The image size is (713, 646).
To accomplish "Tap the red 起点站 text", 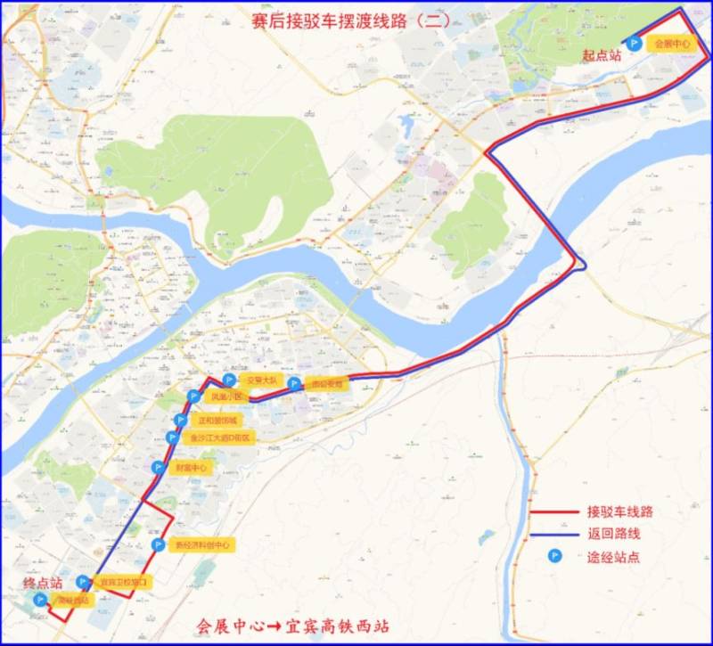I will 601,55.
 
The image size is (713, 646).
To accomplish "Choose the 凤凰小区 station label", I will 225,397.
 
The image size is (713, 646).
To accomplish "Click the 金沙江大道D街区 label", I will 221,437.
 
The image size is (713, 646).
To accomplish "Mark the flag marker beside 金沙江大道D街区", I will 172,437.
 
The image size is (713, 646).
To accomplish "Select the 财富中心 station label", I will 191,467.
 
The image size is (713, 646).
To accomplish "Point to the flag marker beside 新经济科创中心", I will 158,544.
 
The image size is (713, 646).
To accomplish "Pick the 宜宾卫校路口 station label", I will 125,582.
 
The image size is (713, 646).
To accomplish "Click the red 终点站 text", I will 42,584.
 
